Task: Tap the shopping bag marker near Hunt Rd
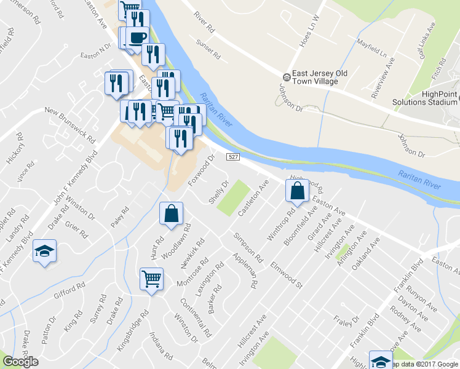[172, 213]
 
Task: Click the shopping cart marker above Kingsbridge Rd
[151, 279]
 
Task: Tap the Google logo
[20, 362]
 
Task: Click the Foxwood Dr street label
[201, 172]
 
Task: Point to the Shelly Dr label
[218, 193]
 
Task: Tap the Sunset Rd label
[208, 49]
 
